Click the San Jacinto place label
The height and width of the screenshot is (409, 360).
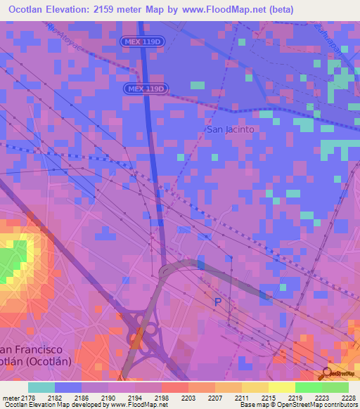pyautogui.click(x=230, y=129)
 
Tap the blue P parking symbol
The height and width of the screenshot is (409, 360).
pyautogui.click(x=217, y=301)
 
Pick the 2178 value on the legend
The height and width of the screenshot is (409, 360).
pyautogui.click(x=28, y=398)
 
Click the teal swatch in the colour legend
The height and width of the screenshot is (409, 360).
pyautogui.click(x=41, y=387)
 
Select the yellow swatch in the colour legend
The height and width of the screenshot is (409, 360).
pyautogui.click(x=282, y=387)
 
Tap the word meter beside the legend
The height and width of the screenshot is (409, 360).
pyautogui.click(x=10, y=398)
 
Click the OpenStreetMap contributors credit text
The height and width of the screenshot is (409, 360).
pyautogui.click(x=314, y=405)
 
